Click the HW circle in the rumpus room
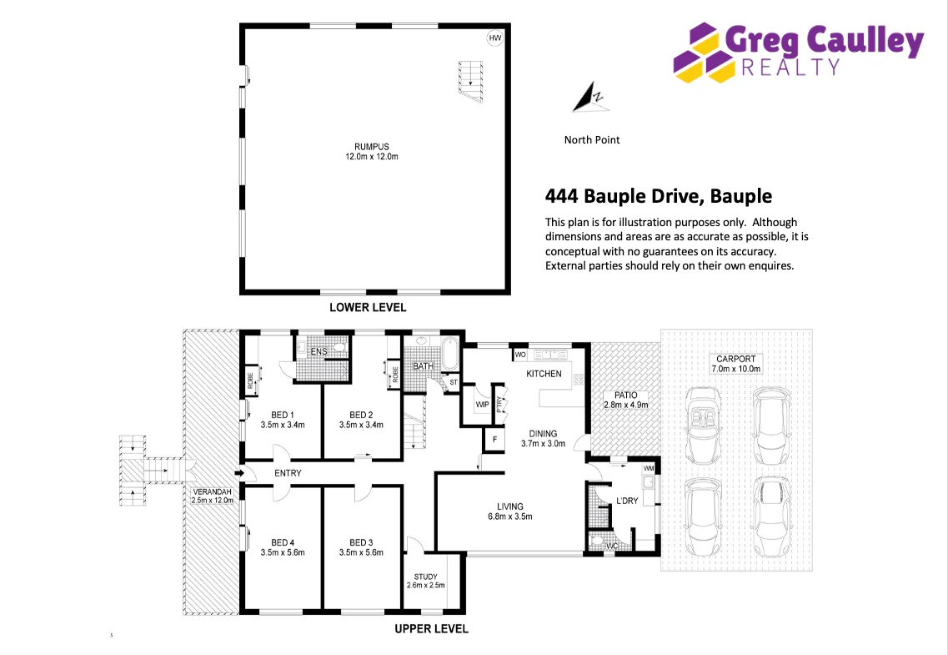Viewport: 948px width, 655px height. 495,39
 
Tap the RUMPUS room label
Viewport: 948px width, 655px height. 372,152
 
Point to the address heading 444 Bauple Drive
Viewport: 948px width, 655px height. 658,196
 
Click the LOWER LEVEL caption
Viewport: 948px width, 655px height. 368,307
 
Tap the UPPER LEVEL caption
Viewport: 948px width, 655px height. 431,628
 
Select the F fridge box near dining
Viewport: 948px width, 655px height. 494,439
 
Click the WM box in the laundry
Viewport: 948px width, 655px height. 648,468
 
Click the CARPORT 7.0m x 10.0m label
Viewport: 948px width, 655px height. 735,364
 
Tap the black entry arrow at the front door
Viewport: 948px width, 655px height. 239,474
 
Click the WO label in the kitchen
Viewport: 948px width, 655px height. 519,355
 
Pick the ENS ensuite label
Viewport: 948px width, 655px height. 319,352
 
